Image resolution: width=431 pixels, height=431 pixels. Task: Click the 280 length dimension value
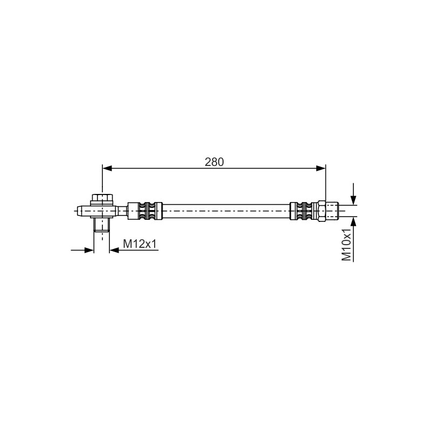pyautogui.click(x=214, y=162)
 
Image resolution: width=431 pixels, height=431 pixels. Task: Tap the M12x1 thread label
pyautogui.click(x=140, y=244)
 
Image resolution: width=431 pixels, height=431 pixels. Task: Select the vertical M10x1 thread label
pyautogui.click(x=346, y=245)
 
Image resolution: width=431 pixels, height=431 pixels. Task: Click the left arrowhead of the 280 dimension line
pyautogui.click(x=107, y=168)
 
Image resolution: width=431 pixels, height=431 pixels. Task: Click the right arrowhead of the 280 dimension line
pyautogui.click(x=321, y=168)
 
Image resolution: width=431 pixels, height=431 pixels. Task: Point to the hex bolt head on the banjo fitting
pyautogui.click(x=102, y=198)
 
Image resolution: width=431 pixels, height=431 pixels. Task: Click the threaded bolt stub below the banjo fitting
pyautogui.click(x=102, y=225)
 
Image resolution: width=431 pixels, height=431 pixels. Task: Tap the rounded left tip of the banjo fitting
pyautogui.click(x=80, y=211)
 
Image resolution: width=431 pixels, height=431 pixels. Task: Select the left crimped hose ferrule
pyautogui.click(x=145, y=211)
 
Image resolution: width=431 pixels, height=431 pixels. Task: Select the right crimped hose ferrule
pyautogui.click(x=304, y=211)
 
